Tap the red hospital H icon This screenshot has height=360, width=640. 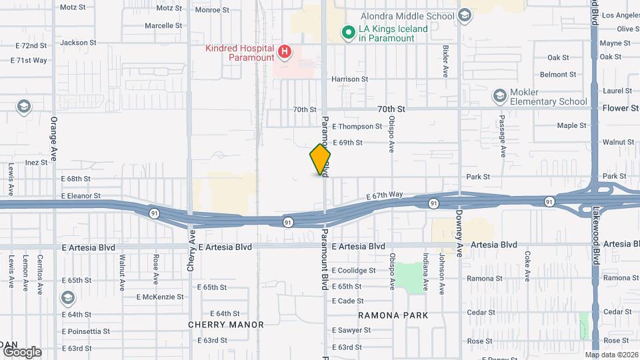coord(285,51)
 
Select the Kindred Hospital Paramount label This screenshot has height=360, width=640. coord(240,53)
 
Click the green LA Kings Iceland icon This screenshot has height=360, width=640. coord(347,32)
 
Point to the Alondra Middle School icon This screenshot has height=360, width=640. coord(465,15)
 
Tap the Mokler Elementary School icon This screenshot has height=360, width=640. coord(500,96)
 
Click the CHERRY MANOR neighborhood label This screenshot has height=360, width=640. coord(226,325)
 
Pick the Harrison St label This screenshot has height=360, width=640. coord(350,79)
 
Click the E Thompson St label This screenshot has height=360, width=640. coord(357,126)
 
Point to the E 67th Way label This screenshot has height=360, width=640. coord(385,195)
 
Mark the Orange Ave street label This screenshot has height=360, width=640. coord(54,140)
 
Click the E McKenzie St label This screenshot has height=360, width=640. coord(159,297)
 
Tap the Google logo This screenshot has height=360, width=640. coord(21,351)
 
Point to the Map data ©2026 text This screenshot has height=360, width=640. coord(611,355)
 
